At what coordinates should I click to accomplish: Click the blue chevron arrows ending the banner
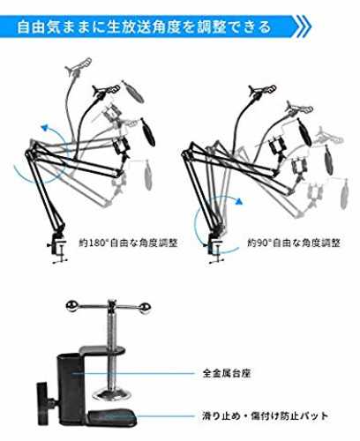point(303,27)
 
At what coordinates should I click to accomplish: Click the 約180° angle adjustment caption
point(128,243)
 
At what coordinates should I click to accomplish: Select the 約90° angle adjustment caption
point(294,243)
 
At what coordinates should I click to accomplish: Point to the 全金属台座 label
point(227,373)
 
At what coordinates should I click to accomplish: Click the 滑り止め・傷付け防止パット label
point(265,416)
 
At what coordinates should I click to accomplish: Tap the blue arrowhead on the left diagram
point(45,127)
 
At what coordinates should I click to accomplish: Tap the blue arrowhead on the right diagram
point(239,201)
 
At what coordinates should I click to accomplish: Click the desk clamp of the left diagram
point(58,245)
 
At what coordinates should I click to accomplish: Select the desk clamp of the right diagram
point(215,246)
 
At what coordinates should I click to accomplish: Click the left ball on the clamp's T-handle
point(71,306)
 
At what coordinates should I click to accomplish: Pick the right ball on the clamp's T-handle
point(146,308)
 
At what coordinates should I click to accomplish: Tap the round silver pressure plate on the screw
point(112,394)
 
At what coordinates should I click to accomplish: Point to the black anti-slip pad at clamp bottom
point(112,418)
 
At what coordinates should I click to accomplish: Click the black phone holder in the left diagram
point(121,146)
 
